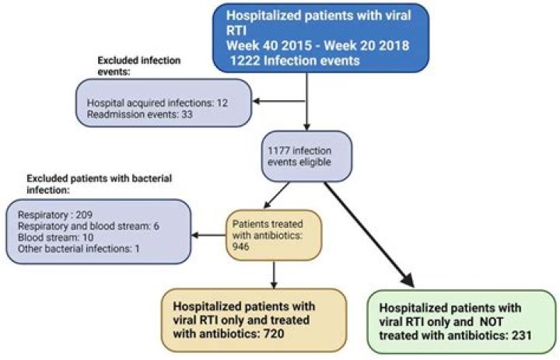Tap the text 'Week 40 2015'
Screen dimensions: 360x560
click(264, 47)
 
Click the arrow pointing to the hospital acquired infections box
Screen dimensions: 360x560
click(280, 99)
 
